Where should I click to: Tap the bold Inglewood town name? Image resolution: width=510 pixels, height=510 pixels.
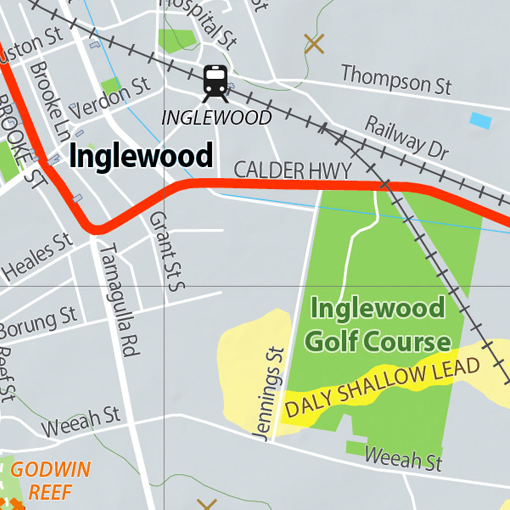click(x=141, y=156)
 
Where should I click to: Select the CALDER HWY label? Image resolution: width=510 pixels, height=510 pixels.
click(x=292, y=170)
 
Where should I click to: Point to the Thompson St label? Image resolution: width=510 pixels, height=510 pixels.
click(x=396, y=79)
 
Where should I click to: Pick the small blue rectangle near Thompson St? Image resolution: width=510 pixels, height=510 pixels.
click(x=481, y=121)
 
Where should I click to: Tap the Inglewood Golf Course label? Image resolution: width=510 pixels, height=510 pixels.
click(x=378, y=325)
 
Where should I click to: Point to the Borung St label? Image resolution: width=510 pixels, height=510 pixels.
click(x=39, y=322)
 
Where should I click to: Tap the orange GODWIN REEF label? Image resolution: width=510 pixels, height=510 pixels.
click(x=50, y=480)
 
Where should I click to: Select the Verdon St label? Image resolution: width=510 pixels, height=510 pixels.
click(x=110, y=97)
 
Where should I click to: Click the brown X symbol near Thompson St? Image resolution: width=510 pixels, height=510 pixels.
click(x=314, y=44)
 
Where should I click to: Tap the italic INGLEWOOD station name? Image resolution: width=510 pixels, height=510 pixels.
click(x=217, y=118)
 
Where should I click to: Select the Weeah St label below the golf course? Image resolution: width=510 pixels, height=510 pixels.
click(x=403, y=458)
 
